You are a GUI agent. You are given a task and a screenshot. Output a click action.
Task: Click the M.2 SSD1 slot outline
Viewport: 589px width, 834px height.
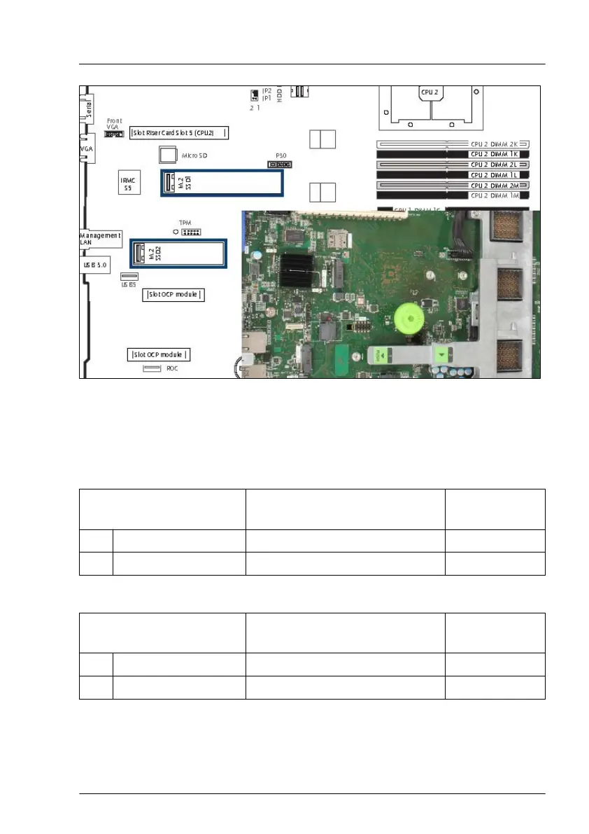pos(222,183)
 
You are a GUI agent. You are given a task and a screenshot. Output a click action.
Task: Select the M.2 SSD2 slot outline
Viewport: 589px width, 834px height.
pos(178,253)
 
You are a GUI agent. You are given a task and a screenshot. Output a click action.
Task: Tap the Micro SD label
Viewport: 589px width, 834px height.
pos(192,154)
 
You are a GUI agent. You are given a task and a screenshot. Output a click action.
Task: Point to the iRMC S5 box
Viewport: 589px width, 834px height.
pos(129,183)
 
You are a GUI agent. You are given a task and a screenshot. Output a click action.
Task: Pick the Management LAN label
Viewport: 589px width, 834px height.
pos(100,239)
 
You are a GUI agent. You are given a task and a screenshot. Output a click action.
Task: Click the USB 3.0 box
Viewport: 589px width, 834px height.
pos(94,265)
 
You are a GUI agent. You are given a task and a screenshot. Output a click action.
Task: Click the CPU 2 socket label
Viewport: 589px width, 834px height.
pos(429,92)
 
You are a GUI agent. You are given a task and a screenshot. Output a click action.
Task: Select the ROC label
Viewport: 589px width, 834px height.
pos(172,368)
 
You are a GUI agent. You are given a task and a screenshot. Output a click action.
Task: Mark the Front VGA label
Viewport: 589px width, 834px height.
pos(114,124)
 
